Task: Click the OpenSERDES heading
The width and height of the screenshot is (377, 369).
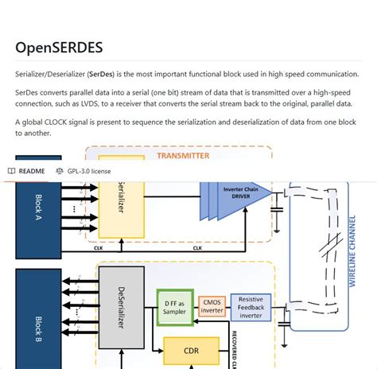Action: [58, 47]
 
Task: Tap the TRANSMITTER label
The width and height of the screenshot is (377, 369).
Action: [183, 156]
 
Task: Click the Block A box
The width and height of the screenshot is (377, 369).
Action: [38, 211]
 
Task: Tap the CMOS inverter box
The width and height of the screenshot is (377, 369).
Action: [212, 305]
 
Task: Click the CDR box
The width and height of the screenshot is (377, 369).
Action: [190, 349]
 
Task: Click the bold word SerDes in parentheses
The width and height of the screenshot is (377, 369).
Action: [100, 74]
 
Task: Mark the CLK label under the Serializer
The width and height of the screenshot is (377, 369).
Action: [99, 247]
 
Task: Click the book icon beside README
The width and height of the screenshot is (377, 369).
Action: [11, 171]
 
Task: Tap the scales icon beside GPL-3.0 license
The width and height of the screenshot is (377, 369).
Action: [60, 171]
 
